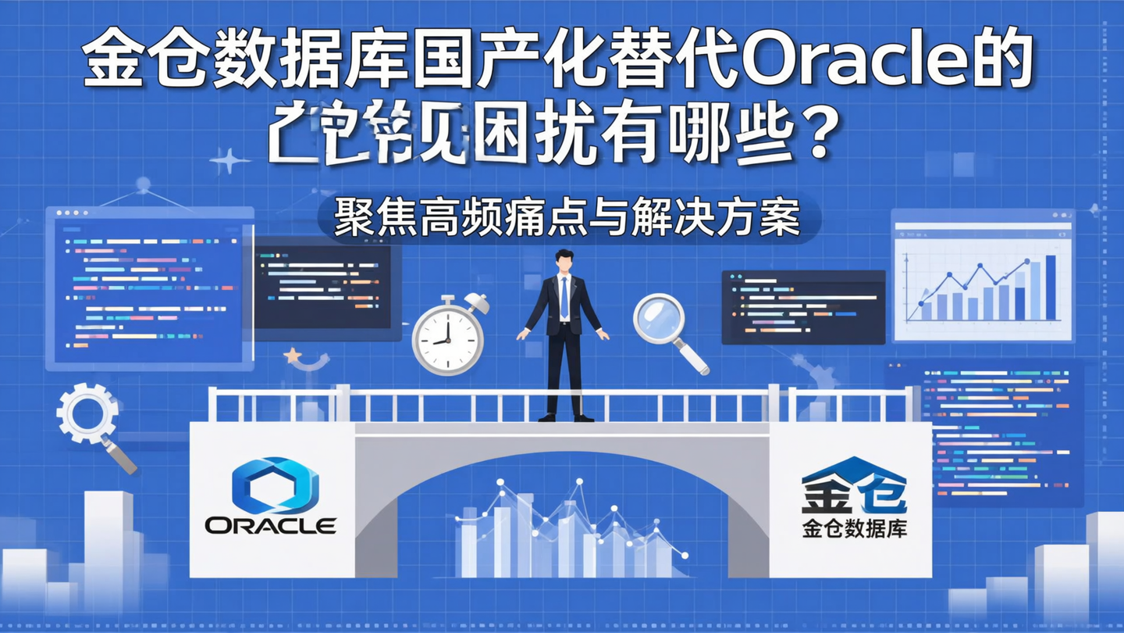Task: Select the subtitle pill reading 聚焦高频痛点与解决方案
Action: click(567, 220)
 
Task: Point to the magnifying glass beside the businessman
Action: click(665, 326)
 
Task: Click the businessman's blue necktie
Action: click(564, 297)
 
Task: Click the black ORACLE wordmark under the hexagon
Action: click(271, 525)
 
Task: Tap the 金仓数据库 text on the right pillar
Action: click(854, 529)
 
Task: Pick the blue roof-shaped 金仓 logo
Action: click(854, 485)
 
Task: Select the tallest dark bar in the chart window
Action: click(1051, 287)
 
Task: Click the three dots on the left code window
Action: click(66, 213)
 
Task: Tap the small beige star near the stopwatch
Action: click(293, 356)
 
